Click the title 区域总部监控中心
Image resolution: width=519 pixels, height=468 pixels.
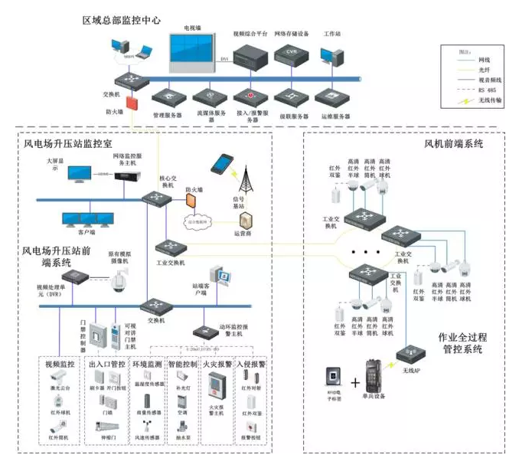pyautogui.click(x=122, y=20)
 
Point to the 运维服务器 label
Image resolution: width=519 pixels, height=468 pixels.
pyautogui.click(x=335, y=116)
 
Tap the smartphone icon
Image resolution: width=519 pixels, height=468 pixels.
pyautogui.click(x=223, y=164)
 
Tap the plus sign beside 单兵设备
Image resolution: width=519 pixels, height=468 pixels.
pyautogui.click(x=356, y=381)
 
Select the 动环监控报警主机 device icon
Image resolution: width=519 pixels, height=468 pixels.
pyautogui.click(x=206, y=331)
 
